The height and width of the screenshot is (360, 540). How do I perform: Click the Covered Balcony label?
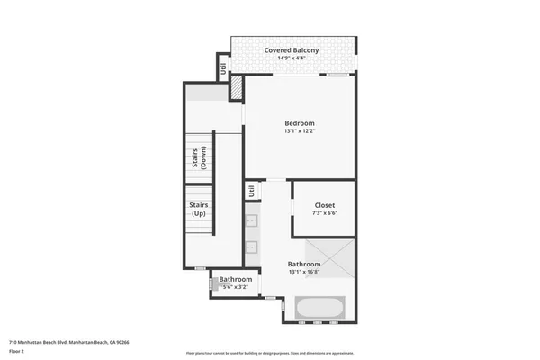294,50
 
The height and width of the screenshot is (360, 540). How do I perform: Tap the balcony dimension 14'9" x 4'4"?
294,59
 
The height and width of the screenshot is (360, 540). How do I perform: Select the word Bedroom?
299,122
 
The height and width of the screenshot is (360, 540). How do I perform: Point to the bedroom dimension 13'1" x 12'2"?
299,131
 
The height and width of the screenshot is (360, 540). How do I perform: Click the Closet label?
324,204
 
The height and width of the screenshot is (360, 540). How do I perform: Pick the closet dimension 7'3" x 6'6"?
324,213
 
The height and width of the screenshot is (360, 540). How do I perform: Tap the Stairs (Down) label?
199,157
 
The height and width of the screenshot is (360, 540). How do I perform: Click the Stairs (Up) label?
199,210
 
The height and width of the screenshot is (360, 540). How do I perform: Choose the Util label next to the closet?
253,191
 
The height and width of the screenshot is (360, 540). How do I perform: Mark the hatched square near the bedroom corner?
236,87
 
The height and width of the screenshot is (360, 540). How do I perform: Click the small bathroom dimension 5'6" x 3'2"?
236,287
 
